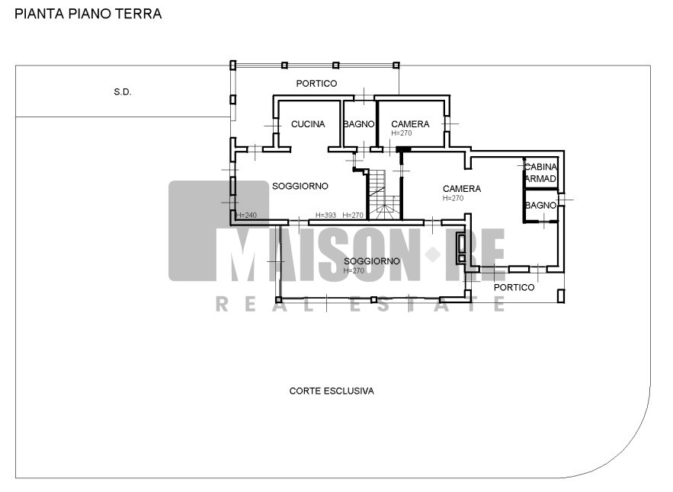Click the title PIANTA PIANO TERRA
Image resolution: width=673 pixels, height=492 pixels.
[88, 14]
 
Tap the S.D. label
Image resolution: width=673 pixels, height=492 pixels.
[123, 92]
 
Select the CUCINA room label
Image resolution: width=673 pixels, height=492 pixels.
[308, 124]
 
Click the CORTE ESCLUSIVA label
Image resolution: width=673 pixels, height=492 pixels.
[332, 391]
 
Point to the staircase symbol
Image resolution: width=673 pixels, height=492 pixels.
[384, 195]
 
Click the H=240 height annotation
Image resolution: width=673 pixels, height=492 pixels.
[246, 216]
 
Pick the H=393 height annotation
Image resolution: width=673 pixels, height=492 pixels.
[325, 215]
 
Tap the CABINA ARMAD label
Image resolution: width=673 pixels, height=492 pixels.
[541, 172]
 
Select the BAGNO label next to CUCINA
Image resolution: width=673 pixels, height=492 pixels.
[359, 124]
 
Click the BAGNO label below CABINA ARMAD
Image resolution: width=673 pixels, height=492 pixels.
[541, 206]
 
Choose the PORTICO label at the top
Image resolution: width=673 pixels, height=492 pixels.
[316, 83]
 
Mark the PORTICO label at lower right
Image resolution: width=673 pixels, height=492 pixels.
[514, 287]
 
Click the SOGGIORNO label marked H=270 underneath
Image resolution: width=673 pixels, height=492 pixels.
[372, 260]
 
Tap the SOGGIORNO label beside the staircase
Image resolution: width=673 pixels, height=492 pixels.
[300, 186]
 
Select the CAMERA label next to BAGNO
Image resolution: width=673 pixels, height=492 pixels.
[410, 124]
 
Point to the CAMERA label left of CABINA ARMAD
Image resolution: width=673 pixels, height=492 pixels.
[461, 189]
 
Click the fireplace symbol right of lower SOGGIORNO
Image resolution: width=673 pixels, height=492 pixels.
[461, 248]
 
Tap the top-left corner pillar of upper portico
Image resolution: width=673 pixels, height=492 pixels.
[232, 65]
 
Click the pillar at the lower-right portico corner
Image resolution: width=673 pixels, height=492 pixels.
[560, 296]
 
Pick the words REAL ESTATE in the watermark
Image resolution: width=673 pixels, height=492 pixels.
[361, 304]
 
